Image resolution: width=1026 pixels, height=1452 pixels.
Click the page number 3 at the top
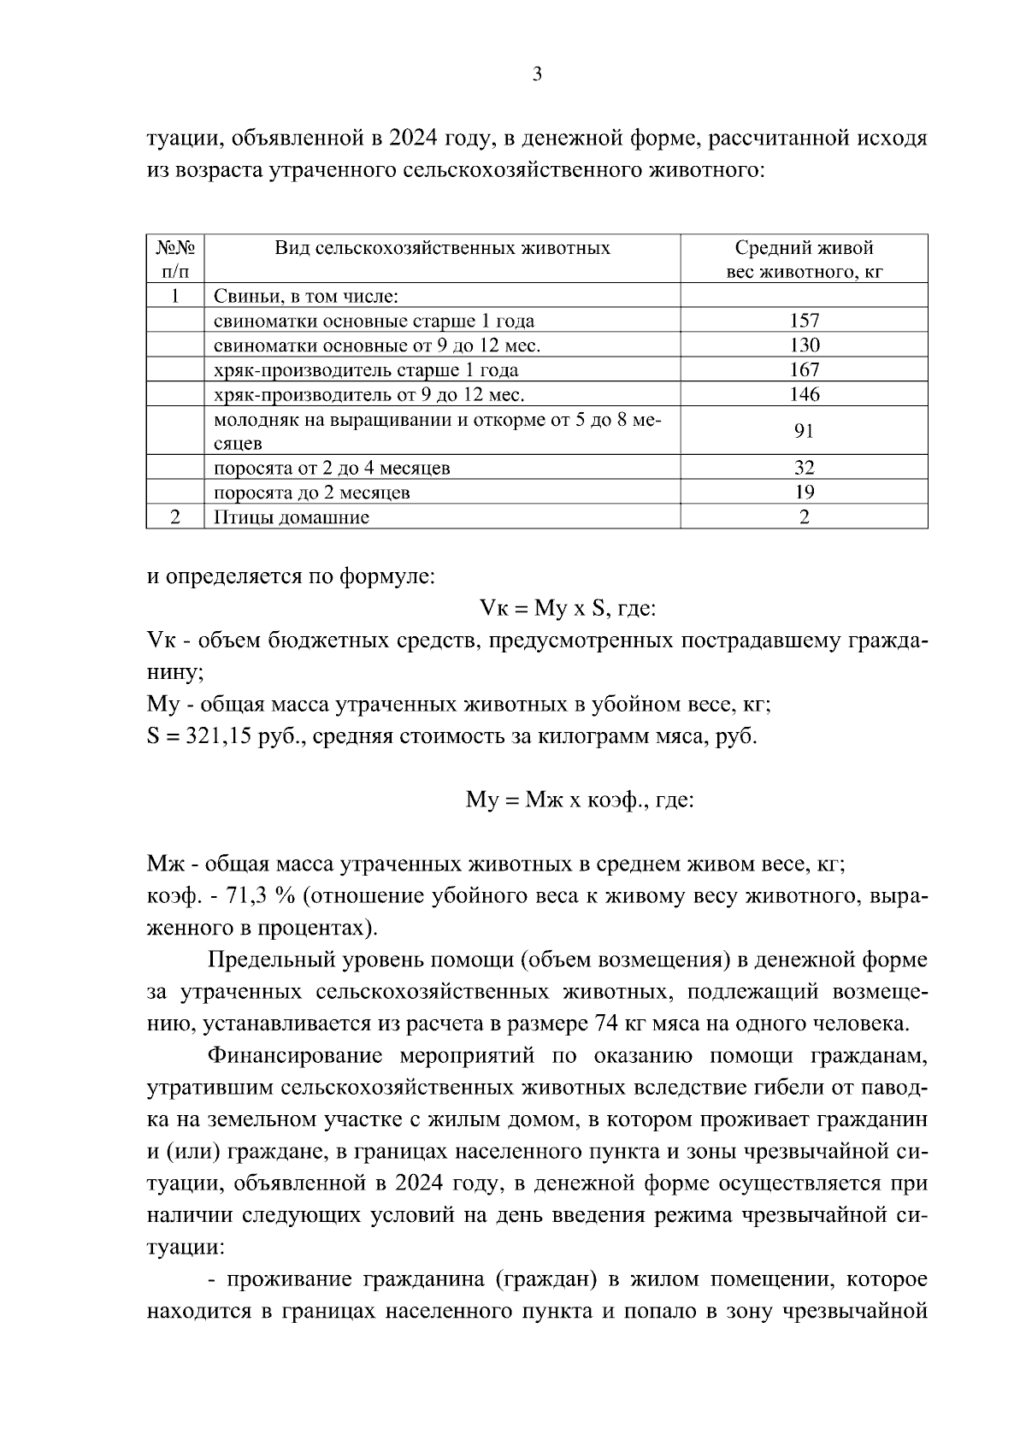pyautogui.click(x=537, y=74)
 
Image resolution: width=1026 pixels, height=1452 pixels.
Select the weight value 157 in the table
pyautogui.click(x=804, y=321)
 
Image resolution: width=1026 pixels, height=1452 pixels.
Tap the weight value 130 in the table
pyautogui.click(x=804, y=345)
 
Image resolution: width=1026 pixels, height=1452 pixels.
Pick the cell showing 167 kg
pyautogui.click(x=804, y=370)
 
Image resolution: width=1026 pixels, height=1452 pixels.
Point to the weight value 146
pyautogui.click(x=804, y=394)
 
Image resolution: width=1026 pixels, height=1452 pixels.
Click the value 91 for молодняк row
pyautogui.click(x=804, y=430)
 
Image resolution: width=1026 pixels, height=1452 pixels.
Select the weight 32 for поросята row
pyautogui.click(x=804, y=468)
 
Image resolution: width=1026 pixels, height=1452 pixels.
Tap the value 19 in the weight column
pyautogui.click(x=804, y=493)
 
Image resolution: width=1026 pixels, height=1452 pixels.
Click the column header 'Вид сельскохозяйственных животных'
pyautogui.click(x=442, y=249)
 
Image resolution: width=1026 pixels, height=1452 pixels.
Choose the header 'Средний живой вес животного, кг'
pyautogui.click(x=804, y=260)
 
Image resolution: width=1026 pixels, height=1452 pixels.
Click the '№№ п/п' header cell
pyautogui.click(x=175, y=260)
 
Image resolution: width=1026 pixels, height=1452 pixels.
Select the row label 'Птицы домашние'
pyautogui.click(x=291, y=517)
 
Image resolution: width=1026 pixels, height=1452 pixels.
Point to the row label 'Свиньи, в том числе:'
pyautogui.click(x=305, y=297)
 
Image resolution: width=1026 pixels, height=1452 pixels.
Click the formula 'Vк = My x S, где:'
pyautogui.click(x=568, y=609)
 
